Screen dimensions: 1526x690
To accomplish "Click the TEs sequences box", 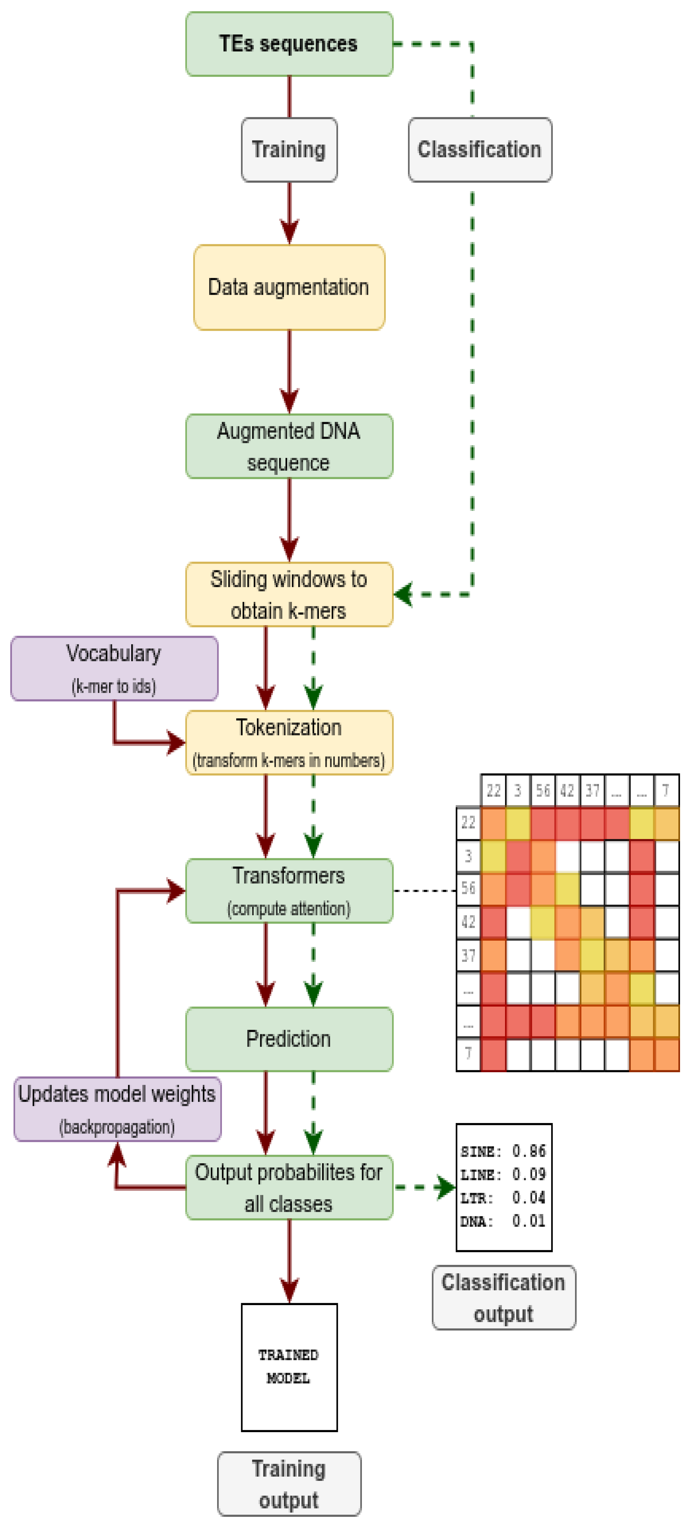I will point(289,44).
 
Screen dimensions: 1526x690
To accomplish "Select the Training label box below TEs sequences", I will point(289,149).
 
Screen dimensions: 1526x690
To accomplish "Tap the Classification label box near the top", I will point(480,149).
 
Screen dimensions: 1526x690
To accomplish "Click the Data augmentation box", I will point(289,287).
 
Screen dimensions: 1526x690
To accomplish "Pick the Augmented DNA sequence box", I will point(289,446).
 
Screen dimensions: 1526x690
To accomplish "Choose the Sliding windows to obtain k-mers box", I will point(289,594).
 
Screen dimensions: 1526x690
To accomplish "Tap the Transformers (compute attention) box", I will point(289,890).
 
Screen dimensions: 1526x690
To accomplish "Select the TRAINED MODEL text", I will point(288,1366).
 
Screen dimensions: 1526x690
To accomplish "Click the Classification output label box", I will point(503,1297).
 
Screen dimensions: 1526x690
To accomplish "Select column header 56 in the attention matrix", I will point(542,790).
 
